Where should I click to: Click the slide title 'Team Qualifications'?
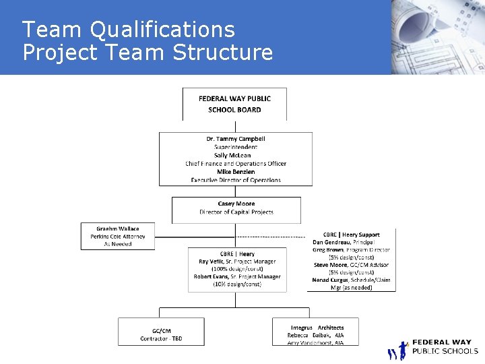pyautogui.click(x=129, y=30)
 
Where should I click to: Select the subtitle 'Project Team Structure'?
pyautogui.click(x=148, y=52)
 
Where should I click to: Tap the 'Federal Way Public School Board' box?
pyautogui.click(x=234, y=104)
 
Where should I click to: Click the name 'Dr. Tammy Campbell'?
pyautogui.click(x=235, y=139)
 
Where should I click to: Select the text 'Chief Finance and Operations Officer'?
pyautogui.click(x=235, y=163)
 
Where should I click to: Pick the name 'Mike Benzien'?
pyautogui.click(x=235, y=171)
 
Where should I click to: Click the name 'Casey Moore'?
pyautogui.click(x=236, y=204)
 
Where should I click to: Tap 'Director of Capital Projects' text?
pyautogui.click(x=236, y=212)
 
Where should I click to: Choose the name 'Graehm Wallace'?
pyautogui.click(x=117, y=229)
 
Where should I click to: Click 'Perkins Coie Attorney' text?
pyautogui.click(x=117, y=237)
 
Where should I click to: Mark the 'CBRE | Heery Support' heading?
pyautogui.click(x=352, y=234)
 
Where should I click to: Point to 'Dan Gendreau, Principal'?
pyautogui.click(x=344, y=242)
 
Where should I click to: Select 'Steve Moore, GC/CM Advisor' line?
pyautogui.click(x=350, y=265)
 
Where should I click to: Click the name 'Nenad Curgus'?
pyautogui.click(x=330, y=280)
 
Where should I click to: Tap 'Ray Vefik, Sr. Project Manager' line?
pyautogui.click(x=237, y=262)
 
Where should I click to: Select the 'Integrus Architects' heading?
pyautogui.click(x=317, y=328)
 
